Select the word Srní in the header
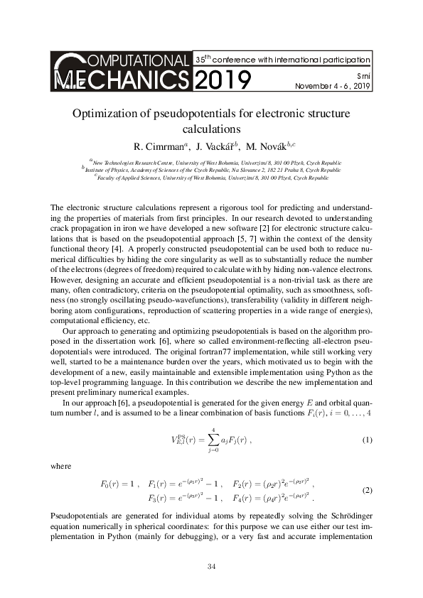(362, 75)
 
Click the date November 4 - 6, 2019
(333, 87)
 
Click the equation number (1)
(367, 440)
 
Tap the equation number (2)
(367, 491)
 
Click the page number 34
(211, 566)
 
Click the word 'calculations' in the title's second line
(211, 129)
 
